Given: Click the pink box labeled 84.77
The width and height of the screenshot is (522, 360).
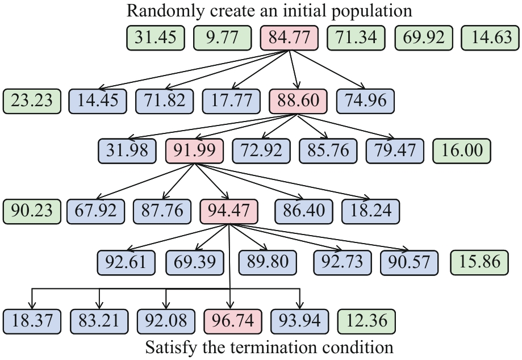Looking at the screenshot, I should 289,39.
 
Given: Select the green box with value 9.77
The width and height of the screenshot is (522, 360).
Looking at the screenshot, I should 222,39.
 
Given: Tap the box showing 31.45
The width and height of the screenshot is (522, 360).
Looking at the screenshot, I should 155,39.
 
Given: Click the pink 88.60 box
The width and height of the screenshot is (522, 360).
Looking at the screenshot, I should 298,101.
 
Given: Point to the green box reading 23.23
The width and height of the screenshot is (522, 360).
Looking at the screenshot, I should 31,101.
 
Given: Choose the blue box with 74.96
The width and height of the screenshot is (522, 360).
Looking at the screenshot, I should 365,101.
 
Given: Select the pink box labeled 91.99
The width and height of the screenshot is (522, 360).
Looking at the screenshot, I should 194,150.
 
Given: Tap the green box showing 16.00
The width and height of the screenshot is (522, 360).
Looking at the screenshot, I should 461,150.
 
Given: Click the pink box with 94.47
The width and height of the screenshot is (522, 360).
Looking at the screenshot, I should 229,211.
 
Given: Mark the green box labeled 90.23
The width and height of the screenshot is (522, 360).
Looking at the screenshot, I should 31,211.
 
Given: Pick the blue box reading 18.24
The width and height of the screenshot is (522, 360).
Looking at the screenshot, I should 370,211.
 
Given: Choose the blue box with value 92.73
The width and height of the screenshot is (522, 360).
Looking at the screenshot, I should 342,261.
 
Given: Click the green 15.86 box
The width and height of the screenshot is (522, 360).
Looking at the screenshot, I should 479,261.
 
